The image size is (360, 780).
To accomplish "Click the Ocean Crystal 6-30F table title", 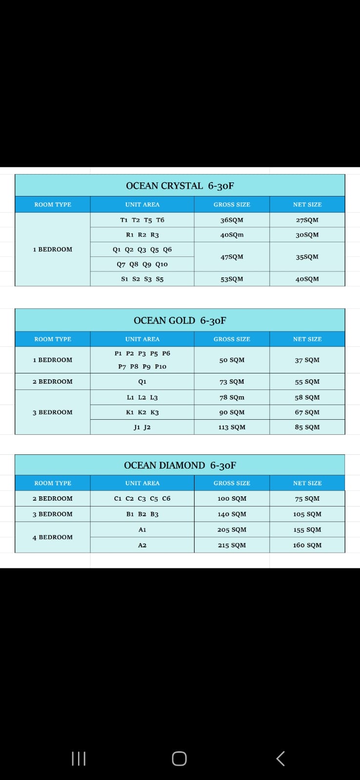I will [180, 186].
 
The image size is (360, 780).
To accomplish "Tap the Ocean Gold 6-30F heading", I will [180, 320].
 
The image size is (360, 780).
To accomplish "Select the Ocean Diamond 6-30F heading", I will [180, 465].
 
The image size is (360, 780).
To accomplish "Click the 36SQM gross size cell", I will [232, 220].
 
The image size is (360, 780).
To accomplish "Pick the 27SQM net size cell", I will [307, 220].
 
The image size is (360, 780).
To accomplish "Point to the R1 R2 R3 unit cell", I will [142, 234].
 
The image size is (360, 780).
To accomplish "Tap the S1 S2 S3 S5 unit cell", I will [142, 279].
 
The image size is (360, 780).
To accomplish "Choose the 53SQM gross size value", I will [232, 279].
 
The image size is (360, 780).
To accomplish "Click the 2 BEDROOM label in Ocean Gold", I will [53, 382].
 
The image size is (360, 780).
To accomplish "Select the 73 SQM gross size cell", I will [232, 382].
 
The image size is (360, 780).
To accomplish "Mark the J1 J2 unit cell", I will [142, 427].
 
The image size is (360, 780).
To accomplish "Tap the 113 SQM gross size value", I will [232, 427].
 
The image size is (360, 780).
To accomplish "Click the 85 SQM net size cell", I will [307, 427].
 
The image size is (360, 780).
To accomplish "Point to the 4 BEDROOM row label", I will [53, 537].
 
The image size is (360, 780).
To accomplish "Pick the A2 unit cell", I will [142, 545].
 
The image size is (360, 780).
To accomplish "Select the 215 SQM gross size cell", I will [232, 545].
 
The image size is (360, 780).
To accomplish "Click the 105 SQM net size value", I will [307, 514].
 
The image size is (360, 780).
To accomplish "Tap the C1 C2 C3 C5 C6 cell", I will [142, 498].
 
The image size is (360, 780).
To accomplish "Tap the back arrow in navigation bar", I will [280, 759].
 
